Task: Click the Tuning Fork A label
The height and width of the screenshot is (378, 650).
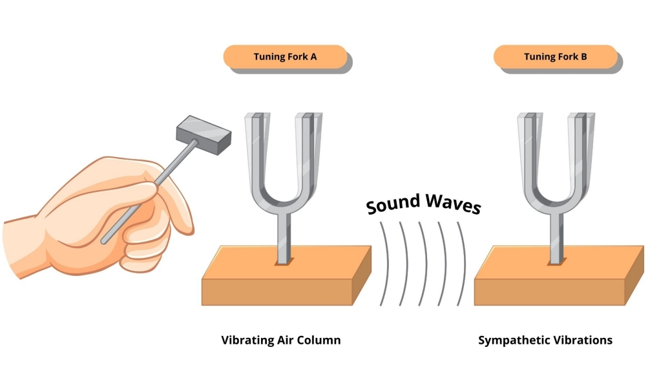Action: coord(284,57)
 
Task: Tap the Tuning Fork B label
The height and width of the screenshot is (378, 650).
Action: coord(555,57)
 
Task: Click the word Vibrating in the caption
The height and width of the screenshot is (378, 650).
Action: coord(246,340)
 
